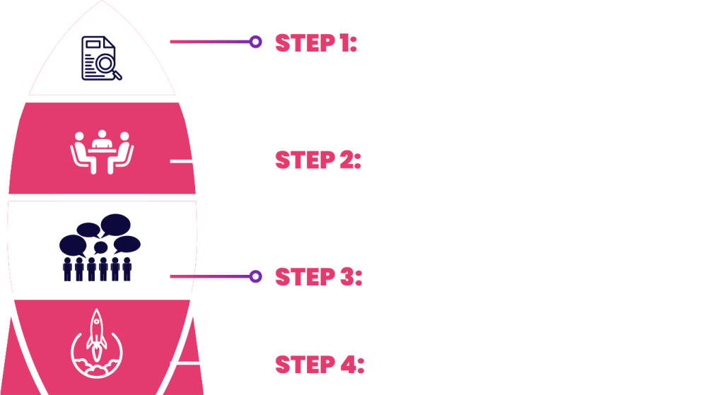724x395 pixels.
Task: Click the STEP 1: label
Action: pos(316,43)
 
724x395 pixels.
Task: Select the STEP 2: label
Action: pos(317,161)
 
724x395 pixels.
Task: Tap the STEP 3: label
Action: pos(319,276)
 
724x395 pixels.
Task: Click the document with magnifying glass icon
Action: pos(101,58)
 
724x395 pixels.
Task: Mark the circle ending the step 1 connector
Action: pos(255,42)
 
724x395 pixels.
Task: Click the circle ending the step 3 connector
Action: pos(255,276)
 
